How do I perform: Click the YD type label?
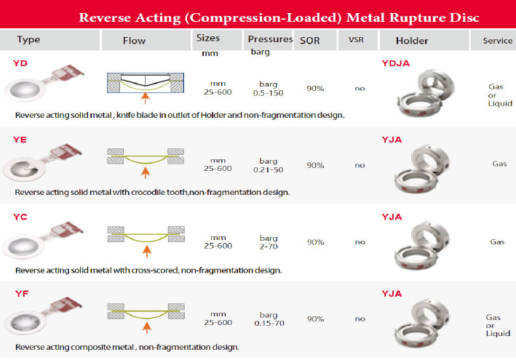point(20,64)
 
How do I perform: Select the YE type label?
point(20,139)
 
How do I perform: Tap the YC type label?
point(20,217)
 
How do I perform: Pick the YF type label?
point(20,293)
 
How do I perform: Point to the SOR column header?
point(310,41)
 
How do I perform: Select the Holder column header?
point(413,41)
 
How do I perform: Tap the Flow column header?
point(134,41)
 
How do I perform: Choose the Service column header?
point(498,41)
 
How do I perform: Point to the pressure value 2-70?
point(269,246)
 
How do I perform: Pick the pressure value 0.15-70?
point(269,322)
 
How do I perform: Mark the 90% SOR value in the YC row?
point(315,242)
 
